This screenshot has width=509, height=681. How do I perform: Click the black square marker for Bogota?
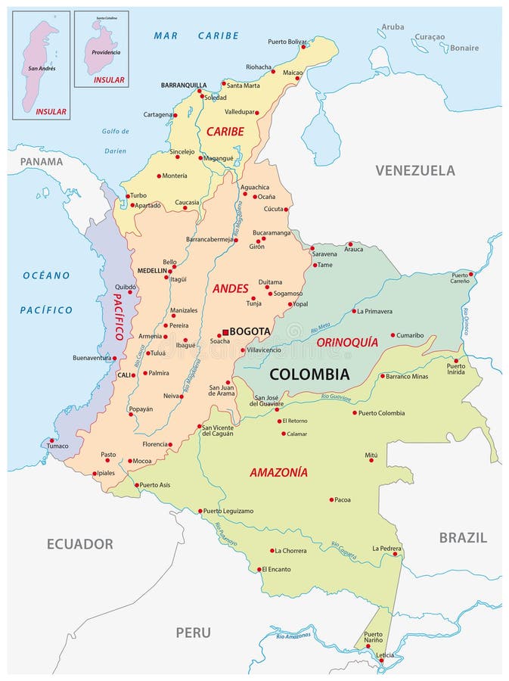(225, 332)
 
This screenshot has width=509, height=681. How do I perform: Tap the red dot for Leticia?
(381, 660)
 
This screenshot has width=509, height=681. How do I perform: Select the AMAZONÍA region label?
(278, 472)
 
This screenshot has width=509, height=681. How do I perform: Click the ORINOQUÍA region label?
(346, 342)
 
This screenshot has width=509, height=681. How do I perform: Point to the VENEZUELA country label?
(415, 170)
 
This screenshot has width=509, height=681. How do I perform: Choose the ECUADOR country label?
(79, 543)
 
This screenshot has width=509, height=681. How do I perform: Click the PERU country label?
(193, 633)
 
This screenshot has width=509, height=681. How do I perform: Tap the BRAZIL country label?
(463, 537)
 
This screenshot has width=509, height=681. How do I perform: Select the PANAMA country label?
(42, 161)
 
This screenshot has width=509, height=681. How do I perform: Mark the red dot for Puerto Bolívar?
(303, 47)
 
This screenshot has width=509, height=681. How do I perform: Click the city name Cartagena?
(158, 115)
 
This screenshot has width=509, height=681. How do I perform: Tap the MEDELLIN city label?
(152, 271)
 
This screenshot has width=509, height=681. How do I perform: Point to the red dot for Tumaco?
(51, 440)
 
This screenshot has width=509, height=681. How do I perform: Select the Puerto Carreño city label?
(460, 278)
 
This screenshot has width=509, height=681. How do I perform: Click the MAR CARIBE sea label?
(196, 36)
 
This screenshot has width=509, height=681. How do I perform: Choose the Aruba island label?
(393, 26)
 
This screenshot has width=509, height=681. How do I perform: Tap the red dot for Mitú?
(371, 460)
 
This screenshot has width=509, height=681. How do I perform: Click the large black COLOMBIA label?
(309, 374)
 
